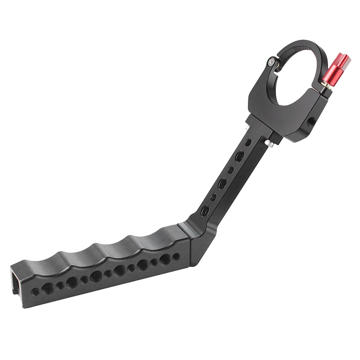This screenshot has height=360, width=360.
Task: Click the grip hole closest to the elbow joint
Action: pos(176,256)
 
